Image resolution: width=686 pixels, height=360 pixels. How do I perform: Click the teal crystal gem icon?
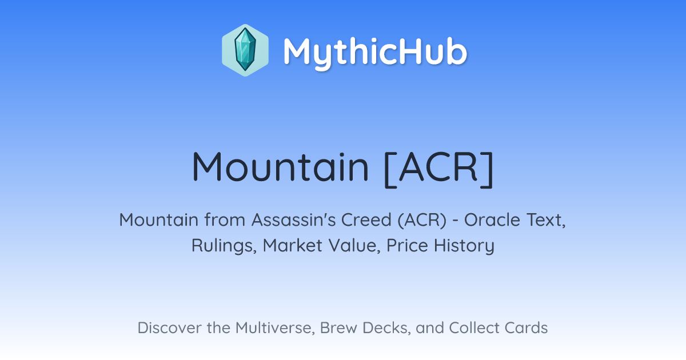click(245, 50)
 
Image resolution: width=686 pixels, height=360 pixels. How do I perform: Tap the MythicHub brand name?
click(375, 51)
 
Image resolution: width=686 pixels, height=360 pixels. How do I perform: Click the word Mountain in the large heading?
click(280, 167)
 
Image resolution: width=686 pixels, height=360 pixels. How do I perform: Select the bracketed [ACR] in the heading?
click(438, 169)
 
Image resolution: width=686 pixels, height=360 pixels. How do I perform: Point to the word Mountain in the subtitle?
click(159, 220)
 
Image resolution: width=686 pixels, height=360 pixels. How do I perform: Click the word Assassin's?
click(294, 220)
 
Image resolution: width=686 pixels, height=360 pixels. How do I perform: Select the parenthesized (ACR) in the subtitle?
click(422, 221)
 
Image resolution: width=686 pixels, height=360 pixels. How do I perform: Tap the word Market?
click(293, 245)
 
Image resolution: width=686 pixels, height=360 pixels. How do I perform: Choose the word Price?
click(407, 245)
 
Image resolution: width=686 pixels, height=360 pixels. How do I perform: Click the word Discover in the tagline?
click(169, 328)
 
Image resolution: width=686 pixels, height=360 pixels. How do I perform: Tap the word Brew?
click(338, 328)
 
